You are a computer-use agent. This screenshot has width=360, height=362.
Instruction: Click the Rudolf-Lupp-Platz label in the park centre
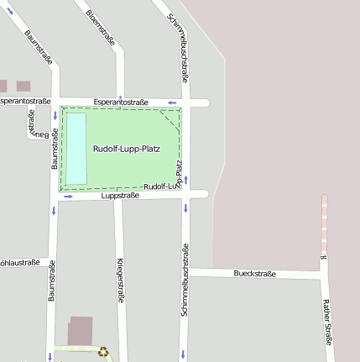click(x=126, y=149)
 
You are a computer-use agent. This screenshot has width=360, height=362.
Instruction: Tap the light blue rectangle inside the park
click(x=76, y=149)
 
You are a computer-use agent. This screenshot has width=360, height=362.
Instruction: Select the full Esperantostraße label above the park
click(x=121, y=102)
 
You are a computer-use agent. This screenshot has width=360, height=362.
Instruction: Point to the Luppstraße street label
click(x=119, y=196)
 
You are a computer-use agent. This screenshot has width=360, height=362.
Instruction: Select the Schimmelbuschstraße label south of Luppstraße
click(x=185, y=280)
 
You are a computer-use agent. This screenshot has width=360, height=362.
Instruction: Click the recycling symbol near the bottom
click(x=103, y=353)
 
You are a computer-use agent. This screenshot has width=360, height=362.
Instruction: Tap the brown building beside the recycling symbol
click(x=81, y=330)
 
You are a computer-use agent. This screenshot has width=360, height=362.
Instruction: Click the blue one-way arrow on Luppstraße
click(x=68, y=197)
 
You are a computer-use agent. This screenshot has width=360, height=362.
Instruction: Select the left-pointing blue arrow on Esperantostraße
click(x=173, y=102)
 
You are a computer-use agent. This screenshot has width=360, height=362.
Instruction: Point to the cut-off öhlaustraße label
click(x=19, y=262)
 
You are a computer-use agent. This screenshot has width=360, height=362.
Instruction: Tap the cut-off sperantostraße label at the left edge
click(x=20, y=101)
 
